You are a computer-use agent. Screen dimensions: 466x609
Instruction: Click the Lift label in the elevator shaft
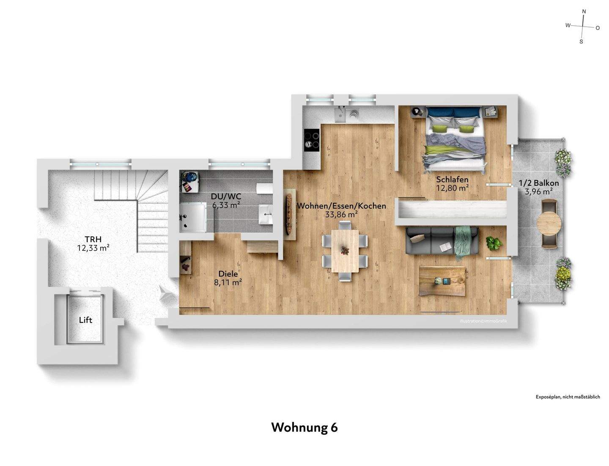(x=85, y=320)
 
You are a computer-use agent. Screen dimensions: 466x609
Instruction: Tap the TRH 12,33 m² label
(x=93, y=243)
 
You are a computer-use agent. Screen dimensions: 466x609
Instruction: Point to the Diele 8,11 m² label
(x=228, y=278)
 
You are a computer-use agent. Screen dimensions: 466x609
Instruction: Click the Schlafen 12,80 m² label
(x=452, y=184)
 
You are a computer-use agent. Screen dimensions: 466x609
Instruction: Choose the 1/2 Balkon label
(x=539, y=187)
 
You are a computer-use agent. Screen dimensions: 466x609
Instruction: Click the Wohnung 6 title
(x=304, y=427)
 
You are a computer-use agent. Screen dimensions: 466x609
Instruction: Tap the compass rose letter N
(x=584, y=11)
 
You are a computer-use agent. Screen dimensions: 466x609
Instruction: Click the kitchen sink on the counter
(x=340, y=114)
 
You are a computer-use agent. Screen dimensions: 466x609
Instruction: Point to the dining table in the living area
(x=345, y=251)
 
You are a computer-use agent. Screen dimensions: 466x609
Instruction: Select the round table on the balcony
(x=549, y=223)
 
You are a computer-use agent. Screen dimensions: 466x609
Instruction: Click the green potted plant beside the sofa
(x=494, y=243)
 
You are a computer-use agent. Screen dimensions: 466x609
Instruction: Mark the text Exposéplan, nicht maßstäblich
(x=568, y=397)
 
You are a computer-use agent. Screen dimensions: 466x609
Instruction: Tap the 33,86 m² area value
(x=341, y=215)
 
